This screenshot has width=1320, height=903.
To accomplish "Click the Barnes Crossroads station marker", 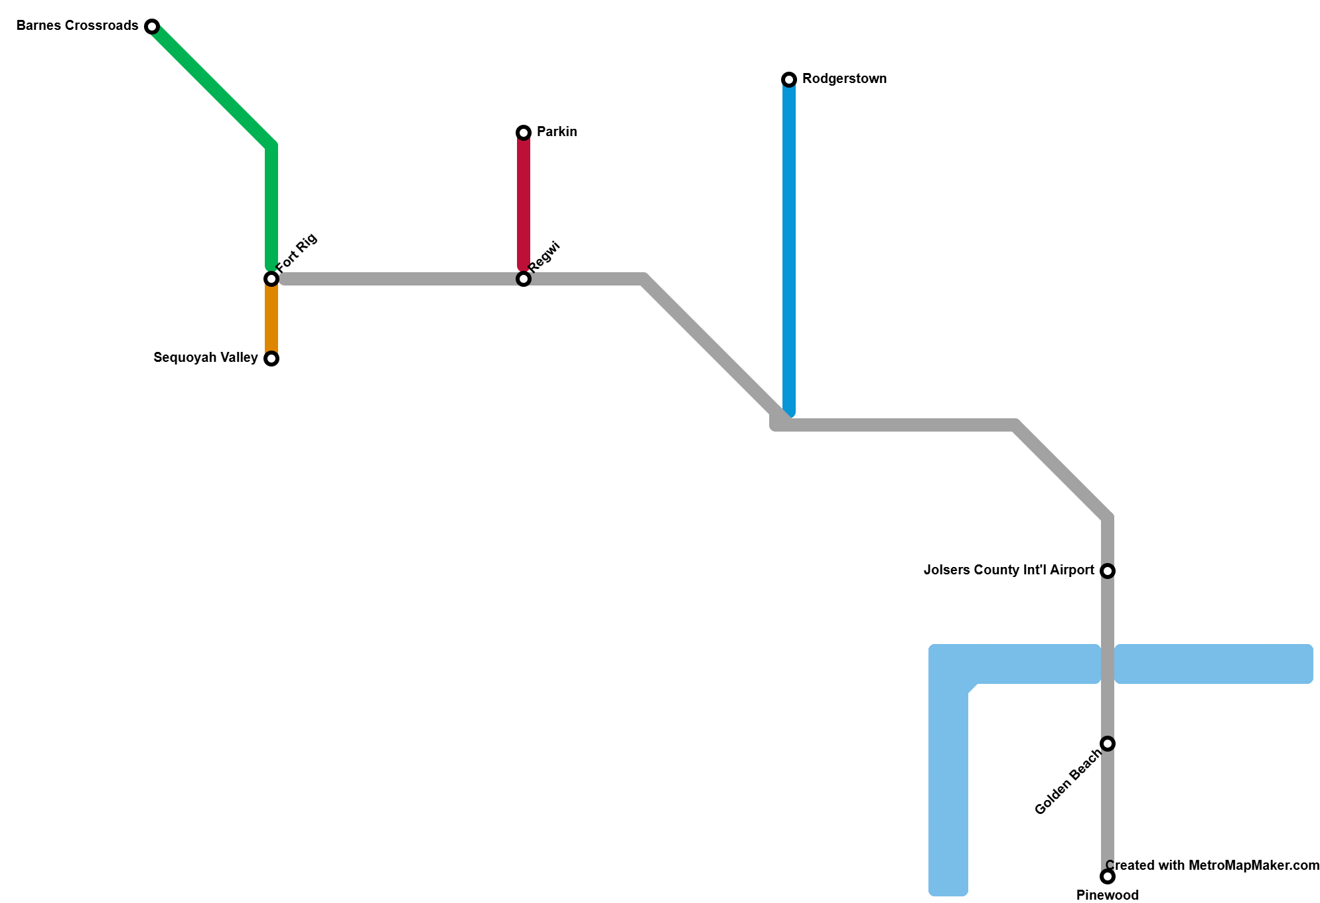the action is click(x=152, y=27).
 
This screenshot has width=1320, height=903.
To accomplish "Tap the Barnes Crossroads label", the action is click(x=78, y=26).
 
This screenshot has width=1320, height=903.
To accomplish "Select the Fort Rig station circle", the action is click(x=271, y=279).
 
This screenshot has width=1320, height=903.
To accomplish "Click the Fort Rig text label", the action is click(x=297, y=253).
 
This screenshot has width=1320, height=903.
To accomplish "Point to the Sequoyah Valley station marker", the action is click(x=271, y=359).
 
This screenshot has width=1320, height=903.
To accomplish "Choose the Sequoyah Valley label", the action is click(x=206, y=358).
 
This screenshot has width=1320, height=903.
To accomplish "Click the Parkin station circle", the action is click(x=524, y=133).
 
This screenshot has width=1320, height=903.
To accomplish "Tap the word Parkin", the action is click(x=557, y=132).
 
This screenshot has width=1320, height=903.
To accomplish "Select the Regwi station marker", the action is click(x=524, y=279).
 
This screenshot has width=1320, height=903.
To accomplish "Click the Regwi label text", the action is click(x=545, y=257).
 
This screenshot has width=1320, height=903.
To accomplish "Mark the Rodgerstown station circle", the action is click(x=789, y=80).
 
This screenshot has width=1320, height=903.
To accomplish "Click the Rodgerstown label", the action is click(x=844, y=79).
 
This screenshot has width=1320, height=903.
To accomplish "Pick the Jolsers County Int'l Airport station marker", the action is click(x=1108, y=571).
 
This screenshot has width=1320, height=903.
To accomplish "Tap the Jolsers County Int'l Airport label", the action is click(x=1009, y=570).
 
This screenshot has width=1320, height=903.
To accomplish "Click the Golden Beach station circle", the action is click(x=1108, y=744).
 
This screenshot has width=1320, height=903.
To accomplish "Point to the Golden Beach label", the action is click(x=1068, y=782).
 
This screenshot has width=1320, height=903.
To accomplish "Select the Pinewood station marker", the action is click(x=1108, y=876).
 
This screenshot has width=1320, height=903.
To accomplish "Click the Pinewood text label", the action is click(x=1108, y=895).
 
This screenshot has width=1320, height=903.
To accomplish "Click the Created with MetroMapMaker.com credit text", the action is click(x=1212, y=865).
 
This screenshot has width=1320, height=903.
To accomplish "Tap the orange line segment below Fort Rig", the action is click(x=271, y=319).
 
